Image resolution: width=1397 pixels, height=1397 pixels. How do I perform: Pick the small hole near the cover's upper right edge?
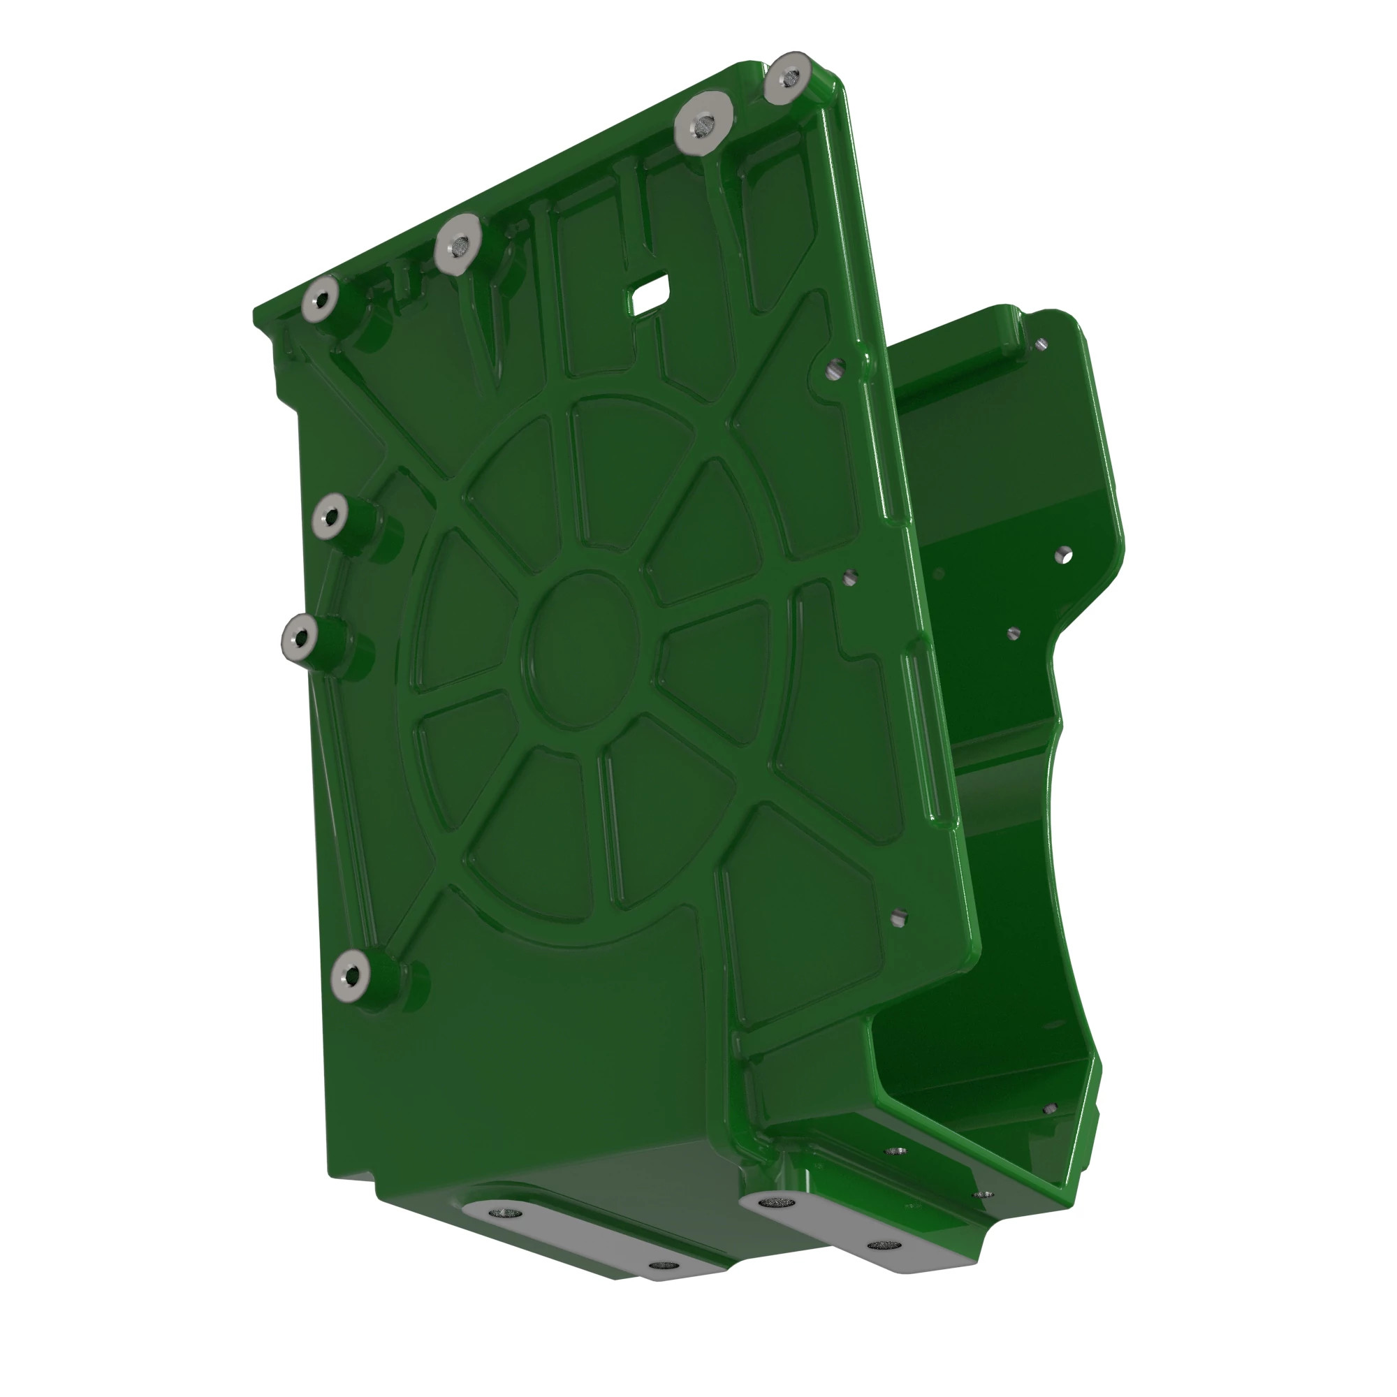point(834,370)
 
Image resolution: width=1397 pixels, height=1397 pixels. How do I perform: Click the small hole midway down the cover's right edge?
point(850,576)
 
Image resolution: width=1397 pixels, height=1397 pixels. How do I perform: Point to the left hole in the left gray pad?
point(498,1213)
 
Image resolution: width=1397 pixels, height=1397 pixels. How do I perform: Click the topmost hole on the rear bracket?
point(1041,344)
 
